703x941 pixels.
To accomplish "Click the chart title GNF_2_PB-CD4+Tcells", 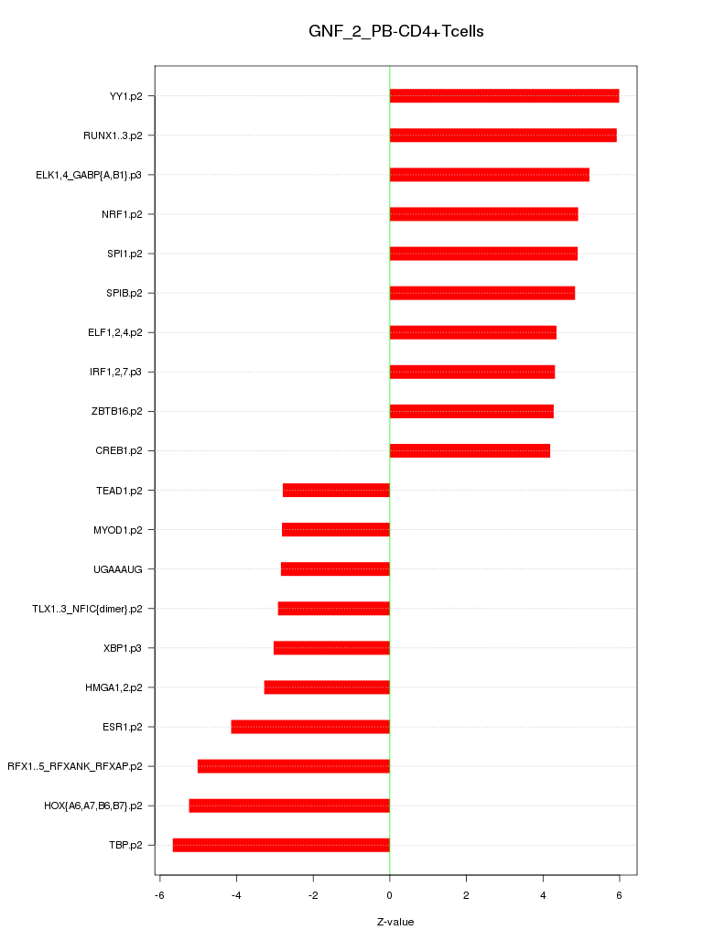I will point(395,32).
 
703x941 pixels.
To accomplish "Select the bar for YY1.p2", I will point(503,96).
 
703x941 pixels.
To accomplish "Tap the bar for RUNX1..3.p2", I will point(503,135).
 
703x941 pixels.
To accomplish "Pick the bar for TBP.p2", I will point(281,845).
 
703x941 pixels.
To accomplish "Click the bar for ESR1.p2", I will point(310,727).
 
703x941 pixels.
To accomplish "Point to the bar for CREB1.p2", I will point(470,450).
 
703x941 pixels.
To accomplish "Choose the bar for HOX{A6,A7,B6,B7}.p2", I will point(289,806).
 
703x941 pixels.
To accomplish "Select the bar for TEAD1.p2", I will point(336,490).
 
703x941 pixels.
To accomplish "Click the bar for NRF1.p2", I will point(483,214).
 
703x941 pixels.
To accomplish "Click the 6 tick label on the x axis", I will point(619,895).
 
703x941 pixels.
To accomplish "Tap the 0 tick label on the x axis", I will point(390,895).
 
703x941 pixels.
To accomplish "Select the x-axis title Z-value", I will point(395,922).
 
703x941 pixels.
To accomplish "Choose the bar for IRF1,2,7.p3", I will point(471,372).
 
